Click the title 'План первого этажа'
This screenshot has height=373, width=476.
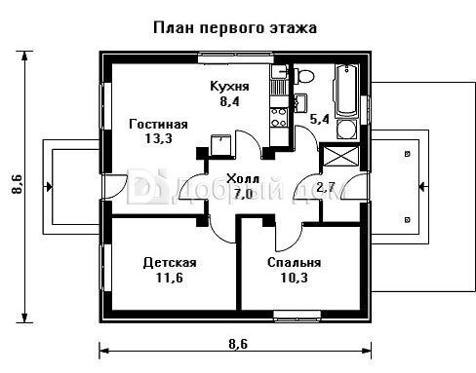[235, 28]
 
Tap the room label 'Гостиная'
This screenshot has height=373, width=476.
[158, 125]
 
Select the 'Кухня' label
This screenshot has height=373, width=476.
[229, 87]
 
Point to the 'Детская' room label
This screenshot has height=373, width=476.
[170, 263]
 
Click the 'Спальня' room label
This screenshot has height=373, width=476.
[294, 263]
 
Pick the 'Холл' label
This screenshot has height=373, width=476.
[243, 179]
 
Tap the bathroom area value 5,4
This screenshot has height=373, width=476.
[319, 119]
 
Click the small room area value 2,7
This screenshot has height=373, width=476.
[326, 187]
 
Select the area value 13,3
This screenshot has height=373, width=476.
[158, 139]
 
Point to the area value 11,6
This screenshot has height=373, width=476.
[170, 278]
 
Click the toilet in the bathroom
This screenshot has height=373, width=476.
[305, 76]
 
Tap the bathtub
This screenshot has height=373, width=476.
[346, 91]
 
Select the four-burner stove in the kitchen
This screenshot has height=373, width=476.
[279, 118]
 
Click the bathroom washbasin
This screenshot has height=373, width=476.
[300, 103]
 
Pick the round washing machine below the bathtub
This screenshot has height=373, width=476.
[346, 130]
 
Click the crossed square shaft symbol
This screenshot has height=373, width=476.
[340, 156]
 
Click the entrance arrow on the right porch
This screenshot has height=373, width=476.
[423, 187]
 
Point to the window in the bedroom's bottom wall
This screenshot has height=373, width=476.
[297, 316]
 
